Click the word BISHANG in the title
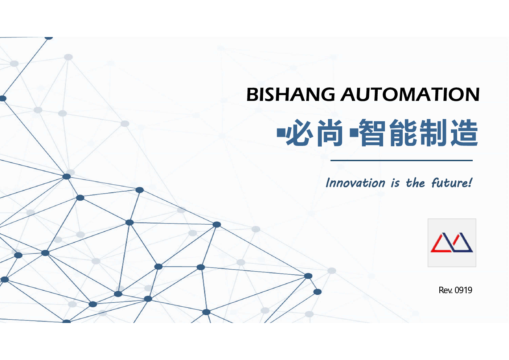click(x=291, y=94)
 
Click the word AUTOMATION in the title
click(x=410, y=94)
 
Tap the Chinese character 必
click(x=300, y=132)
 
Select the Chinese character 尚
click(x=330, y=133)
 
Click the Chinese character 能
click(x=403, y=133)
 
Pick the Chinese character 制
click(x=433, y=133)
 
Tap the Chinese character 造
click(x=464, y=133)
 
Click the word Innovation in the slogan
click(x=356, y=183)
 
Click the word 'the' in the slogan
click(x=415, y=183)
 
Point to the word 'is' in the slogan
click(x=395, y=183)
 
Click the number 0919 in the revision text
click(x=464, y=290)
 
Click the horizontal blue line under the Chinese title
click(x=402, y=160)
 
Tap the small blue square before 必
click(x=281, y=133)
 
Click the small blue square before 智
click(x=354, y=133)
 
